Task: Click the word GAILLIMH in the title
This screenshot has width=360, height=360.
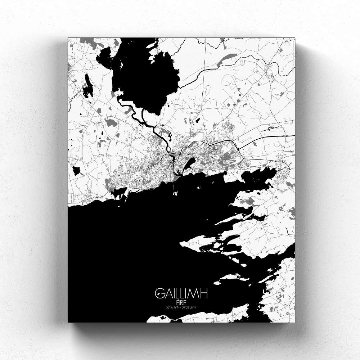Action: tap(181, 293)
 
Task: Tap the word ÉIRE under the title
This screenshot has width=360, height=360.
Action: tap(181, 301)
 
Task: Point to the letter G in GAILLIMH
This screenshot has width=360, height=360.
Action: tap(159, 293)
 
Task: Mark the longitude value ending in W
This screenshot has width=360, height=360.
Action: tap(190, 307)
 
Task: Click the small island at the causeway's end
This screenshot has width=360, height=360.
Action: tap(176, 194)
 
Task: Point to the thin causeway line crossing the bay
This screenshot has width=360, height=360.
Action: tap(174, 186)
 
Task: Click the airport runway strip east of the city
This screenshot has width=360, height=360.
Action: tap(274, 127)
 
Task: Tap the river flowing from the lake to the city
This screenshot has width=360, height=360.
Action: tap(158, 133)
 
